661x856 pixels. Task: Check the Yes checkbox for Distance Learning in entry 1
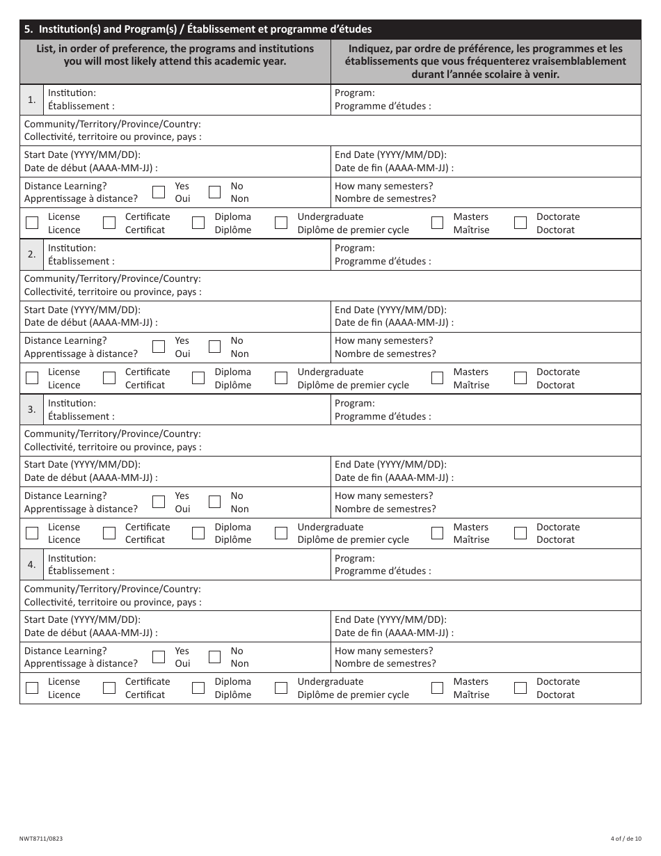point(159,192)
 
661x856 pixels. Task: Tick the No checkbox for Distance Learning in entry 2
point(215,347)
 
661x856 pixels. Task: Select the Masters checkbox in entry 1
point(438,223)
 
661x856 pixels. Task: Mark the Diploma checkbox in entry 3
point(198,533)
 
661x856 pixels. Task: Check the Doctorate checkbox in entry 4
point(520,688)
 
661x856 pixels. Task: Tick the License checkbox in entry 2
point(32,378)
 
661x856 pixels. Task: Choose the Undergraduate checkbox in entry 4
point(281,688)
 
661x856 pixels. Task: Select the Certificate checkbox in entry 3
point(109,533)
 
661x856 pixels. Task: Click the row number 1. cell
point(32,100)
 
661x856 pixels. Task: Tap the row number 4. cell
point(32,564)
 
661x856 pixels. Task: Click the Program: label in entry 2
point(355,248)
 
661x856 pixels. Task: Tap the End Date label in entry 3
point(390,465)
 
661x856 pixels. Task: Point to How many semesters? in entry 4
point(383,651)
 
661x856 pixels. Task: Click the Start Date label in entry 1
point(82,155)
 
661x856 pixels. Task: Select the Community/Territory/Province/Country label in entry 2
point(112,278)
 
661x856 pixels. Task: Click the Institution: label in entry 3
point(72,403)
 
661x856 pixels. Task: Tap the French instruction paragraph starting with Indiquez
point(486,61)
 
